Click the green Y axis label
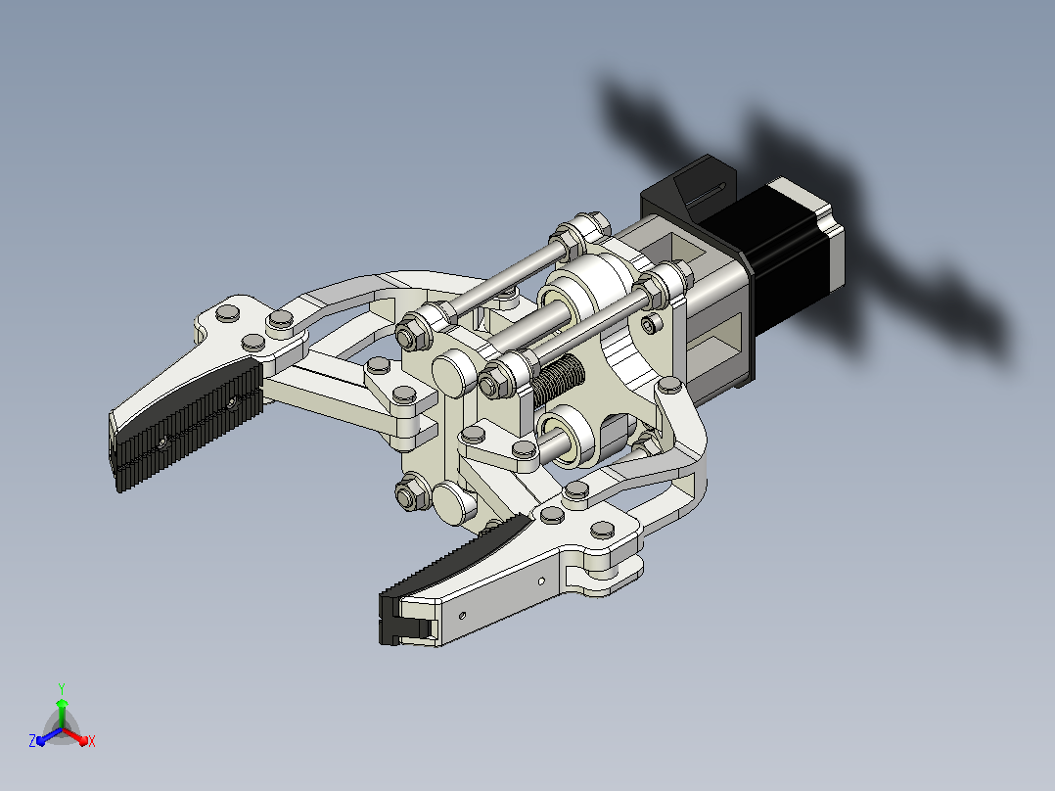point(62,688)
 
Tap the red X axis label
point(92,741)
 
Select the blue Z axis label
point(32,740)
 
